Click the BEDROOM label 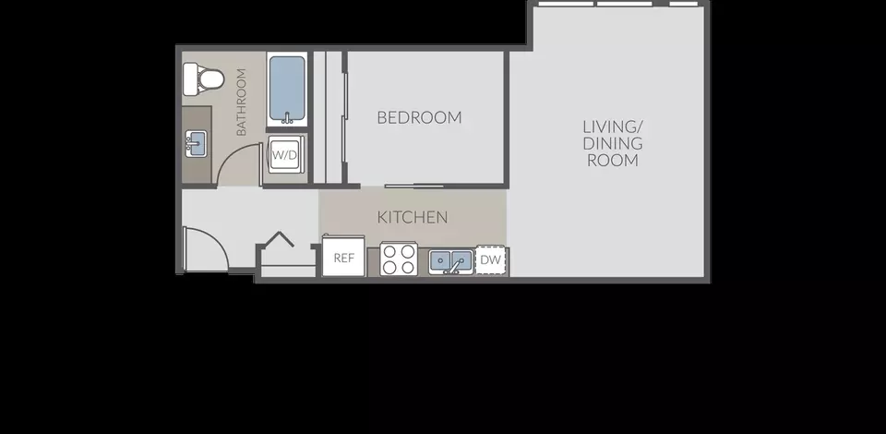point(419,117)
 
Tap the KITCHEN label point(413,217)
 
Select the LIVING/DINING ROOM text point(613,143)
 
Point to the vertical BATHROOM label point(241,102)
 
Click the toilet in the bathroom point(203,79)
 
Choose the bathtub point(287,90)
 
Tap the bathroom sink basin point(196,143)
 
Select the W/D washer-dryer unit point(283,154)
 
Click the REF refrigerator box point(343,256)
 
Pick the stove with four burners point(399,259)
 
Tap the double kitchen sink point(451,261)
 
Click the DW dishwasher point(490,260)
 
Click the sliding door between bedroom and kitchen point(414,186)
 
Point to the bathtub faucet point(287,118)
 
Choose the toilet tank point(190,79)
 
